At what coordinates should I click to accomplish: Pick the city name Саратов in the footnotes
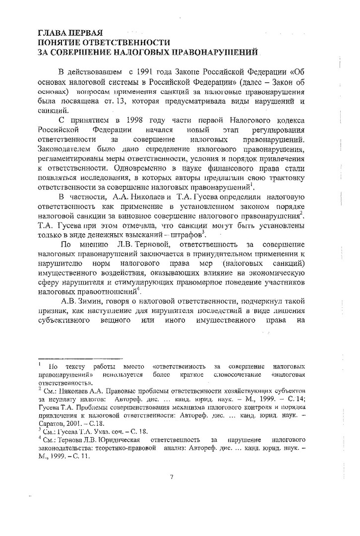coord(51,423)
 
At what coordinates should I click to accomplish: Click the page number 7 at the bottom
coord(171,477)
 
